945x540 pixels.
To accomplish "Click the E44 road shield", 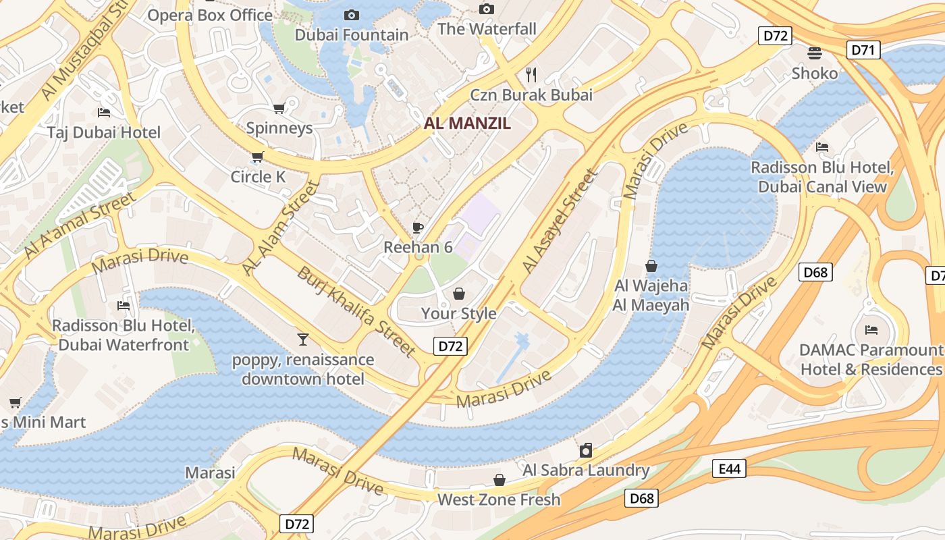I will [729, 468].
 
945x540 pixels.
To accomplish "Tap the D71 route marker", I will [863, 49].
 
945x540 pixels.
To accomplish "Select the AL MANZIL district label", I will [467, 124].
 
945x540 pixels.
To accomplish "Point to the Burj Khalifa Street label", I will [356, 311].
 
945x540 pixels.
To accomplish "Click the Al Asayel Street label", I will [560, 221].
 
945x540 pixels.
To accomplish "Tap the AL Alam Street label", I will [279, 228].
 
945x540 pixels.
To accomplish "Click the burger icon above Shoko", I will [815, 53].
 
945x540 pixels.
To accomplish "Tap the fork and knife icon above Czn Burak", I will [531, 74].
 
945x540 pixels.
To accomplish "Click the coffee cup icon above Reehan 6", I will [418, 227].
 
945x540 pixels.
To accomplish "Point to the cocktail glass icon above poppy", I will [302, 339].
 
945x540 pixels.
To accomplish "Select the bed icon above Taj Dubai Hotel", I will [104, 112].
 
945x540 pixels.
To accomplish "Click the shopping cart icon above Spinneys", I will [279, 108].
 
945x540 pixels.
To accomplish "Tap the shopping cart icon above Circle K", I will [257, 157].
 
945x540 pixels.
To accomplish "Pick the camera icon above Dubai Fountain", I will [352, 15].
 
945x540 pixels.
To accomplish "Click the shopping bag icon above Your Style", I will [459, 294].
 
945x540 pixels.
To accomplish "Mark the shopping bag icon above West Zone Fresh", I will [499, 480].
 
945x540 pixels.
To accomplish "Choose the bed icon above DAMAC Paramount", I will [871, 330].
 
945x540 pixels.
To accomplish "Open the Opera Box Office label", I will [210, 15].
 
